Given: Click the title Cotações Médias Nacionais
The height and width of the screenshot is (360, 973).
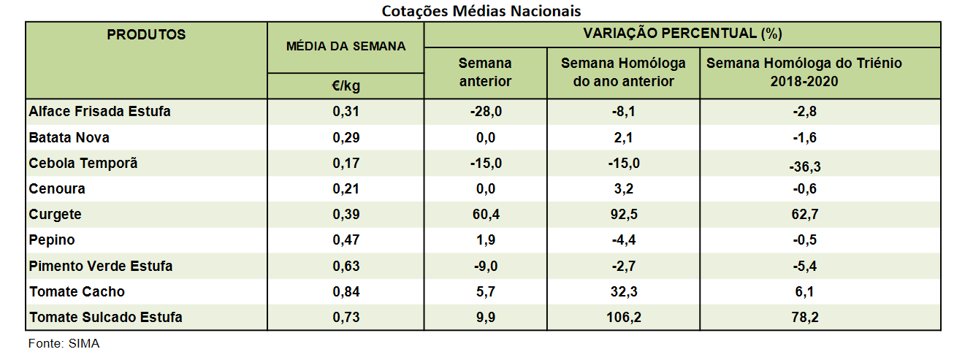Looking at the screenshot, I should [x=481, y=11].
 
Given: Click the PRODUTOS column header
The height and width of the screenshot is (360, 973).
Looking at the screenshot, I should [x=146, y=35].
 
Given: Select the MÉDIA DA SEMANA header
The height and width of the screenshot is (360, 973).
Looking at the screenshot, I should [x=346, y=46].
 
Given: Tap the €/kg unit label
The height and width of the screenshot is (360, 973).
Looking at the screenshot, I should [x=346, y=86].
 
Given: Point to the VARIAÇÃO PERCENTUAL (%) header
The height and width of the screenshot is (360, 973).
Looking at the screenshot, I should [x=682, y=34].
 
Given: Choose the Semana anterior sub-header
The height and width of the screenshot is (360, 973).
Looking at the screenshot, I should [x=485, y=72].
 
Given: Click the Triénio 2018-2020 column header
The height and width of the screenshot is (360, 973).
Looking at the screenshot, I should [x=804, y=72].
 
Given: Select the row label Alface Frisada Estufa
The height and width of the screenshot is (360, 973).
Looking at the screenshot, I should [x=100, y=112].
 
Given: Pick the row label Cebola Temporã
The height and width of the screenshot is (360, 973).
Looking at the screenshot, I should [x=83, y=164].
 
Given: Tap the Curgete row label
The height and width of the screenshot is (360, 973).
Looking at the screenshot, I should [x=56, y=215].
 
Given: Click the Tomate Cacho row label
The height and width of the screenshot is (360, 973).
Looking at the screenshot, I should [x=77, y=292].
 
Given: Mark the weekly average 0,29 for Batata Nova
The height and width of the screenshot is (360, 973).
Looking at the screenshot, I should [x=346, y=138].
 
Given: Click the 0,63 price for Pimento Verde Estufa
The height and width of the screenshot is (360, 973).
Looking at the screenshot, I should [x=346, y=267].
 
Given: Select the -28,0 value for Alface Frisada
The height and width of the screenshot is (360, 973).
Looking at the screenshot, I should [x=485, y=112].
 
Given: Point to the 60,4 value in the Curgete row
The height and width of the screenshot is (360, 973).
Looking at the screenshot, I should [x=485, y=215].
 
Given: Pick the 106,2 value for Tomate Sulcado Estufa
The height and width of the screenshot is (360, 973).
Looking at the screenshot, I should [x=623, y=318].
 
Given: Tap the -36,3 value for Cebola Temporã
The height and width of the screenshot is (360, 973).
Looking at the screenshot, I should [x=804, y=167].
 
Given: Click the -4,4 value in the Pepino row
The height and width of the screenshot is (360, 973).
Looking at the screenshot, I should [x=623, y=240].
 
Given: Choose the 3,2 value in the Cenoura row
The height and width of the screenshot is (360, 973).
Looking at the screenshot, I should [x=623, y=189].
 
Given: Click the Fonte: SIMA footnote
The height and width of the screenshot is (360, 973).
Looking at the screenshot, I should [x=64, y=344].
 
